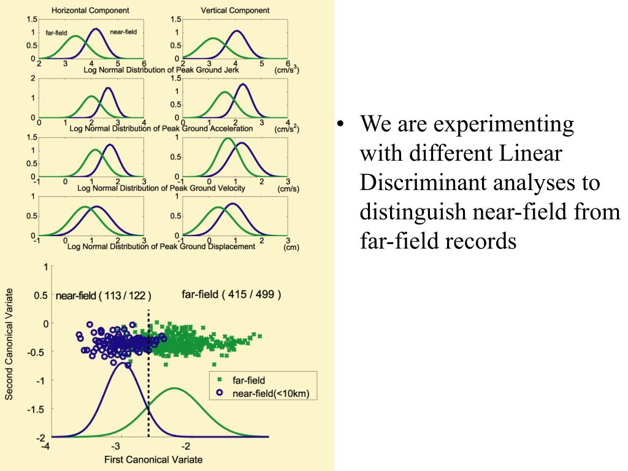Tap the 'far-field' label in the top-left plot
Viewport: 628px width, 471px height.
57,33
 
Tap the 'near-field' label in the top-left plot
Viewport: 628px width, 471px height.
123,31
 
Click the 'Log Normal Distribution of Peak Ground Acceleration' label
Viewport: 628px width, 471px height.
161,129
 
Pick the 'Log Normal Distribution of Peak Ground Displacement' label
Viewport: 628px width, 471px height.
161,247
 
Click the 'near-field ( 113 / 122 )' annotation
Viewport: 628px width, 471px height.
103,296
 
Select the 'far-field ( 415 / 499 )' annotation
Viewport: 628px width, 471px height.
232,294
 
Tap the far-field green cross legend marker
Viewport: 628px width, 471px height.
219,381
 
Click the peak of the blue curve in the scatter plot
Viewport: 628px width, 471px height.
121,362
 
